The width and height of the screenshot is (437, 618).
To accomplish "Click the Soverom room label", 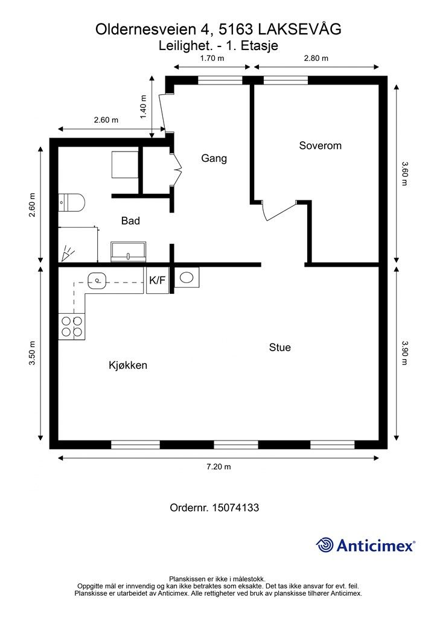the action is point(320,145).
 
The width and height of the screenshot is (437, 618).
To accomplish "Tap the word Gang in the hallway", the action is point(214,159).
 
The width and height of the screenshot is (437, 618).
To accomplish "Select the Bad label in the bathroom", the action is point(130,221).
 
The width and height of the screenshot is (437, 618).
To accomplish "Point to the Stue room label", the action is point(280,347).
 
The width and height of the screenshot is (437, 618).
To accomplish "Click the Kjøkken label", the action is point(128,365).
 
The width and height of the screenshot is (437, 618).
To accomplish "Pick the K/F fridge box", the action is point(157,280).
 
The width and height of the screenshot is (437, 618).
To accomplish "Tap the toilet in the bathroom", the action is point(72,203).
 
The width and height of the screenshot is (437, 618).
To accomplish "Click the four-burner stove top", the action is point(72,327).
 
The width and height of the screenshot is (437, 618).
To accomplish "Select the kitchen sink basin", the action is point(97,281).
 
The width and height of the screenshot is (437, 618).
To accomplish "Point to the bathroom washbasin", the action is point(129,252).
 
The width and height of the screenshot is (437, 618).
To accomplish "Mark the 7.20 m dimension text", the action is point(218,467).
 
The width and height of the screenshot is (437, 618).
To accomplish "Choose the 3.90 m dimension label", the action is point(404,352).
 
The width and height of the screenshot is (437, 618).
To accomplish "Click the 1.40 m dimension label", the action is point(143,106).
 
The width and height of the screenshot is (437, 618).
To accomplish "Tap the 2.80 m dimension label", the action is point(316,59).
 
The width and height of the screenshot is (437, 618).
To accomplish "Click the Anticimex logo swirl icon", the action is point(325,545).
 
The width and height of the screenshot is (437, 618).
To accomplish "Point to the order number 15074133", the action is point(235,508).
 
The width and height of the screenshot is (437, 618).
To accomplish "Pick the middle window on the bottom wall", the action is point(236,445).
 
